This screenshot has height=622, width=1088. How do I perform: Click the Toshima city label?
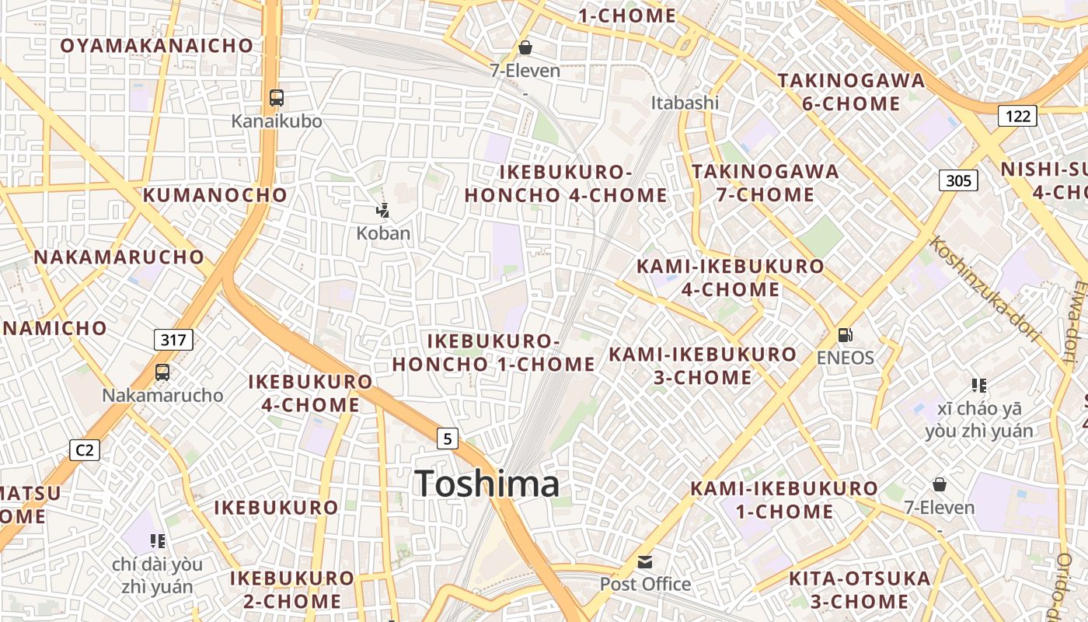point(486,484)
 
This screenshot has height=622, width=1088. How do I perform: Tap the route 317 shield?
point(173,340)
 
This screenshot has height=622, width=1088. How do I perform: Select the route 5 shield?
point(447,439)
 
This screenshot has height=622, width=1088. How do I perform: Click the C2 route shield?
point(85,449)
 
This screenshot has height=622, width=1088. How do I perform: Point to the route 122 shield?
point(1018,117)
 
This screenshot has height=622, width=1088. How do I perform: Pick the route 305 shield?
point(958,181)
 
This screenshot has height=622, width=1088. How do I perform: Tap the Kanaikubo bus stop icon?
point(277,98)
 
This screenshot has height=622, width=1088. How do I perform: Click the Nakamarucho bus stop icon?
point(162,372)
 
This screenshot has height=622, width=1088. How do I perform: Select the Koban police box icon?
point(382,209)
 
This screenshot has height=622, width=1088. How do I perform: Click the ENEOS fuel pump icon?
point(845,335)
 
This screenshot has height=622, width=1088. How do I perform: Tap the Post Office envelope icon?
point(645,561)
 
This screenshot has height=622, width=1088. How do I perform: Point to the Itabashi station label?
point(685,103)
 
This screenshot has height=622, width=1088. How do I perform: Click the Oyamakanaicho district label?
point(157,45)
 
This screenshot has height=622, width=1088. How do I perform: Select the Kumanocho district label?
point(214,194)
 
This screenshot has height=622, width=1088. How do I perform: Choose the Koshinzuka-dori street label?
point(985,289)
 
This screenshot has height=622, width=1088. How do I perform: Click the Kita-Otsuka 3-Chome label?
point(860,589)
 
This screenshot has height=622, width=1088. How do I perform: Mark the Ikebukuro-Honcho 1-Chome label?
point(493,352)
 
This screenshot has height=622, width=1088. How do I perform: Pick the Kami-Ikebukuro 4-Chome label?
point(730,278)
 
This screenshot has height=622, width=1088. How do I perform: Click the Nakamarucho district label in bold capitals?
point(119,257)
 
